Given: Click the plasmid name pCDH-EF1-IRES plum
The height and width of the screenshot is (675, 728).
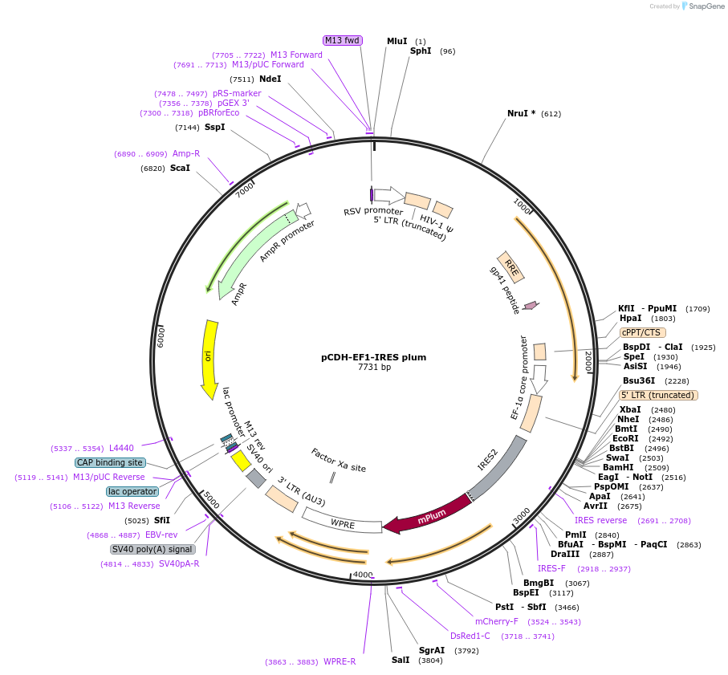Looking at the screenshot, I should (374, 357).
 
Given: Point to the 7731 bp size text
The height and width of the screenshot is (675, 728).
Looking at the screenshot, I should (374, 368).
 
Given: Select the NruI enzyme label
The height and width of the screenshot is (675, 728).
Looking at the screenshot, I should (521, 113).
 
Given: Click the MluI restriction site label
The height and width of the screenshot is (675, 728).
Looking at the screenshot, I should (397, 41).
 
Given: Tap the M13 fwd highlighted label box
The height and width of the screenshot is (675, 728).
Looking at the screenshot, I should (343, 41).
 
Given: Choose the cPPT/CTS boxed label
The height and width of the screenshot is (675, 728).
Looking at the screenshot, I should (642, 331).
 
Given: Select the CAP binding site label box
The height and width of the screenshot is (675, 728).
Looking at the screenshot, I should (110, 462).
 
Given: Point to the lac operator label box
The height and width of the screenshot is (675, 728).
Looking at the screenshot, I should (132, 491).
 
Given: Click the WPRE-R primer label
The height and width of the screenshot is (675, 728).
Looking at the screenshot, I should (340, 662).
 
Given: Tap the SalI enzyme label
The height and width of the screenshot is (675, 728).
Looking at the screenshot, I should (401, 661).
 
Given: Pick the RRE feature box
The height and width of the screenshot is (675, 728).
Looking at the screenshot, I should (511, 267).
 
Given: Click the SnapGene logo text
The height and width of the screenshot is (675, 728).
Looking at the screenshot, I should (702, 6).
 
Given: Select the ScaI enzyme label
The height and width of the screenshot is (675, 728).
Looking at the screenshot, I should (180, 169).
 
